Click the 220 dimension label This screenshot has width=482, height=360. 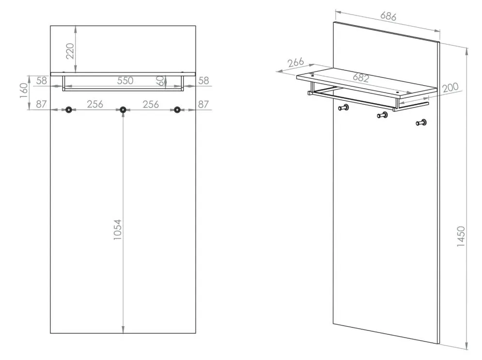point(70,51)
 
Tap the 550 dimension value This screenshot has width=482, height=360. point(125,80)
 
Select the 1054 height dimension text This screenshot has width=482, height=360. point(118,230)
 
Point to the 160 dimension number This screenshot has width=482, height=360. point(24,91)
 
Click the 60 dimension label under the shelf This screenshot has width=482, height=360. point(160,81)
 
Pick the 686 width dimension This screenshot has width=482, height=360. point(388,16)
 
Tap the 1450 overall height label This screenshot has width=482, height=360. point(461,236)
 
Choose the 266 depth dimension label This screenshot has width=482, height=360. point(295,63)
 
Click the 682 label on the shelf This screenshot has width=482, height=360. point(361,78)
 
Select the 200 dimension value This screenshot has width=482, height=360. point(451,88)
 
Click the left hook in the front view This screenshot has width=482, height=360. point(69,110)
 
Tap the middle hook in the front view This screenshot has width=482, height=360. point(123,110)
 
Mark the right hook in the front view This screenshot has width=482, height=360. point(177,110)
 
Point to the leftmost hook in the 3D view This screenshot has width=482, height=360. point(343,108)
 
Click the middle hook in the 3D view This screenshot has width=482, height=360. point(382,115)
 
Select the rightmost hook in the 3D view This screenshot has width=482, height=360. point(421,123)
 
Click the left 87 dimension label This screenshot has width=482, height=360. point(41,104)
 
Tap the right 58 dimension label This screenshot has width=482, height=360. point(203,80)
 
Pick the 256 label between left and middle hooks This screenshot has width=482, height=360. point(95,104)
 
